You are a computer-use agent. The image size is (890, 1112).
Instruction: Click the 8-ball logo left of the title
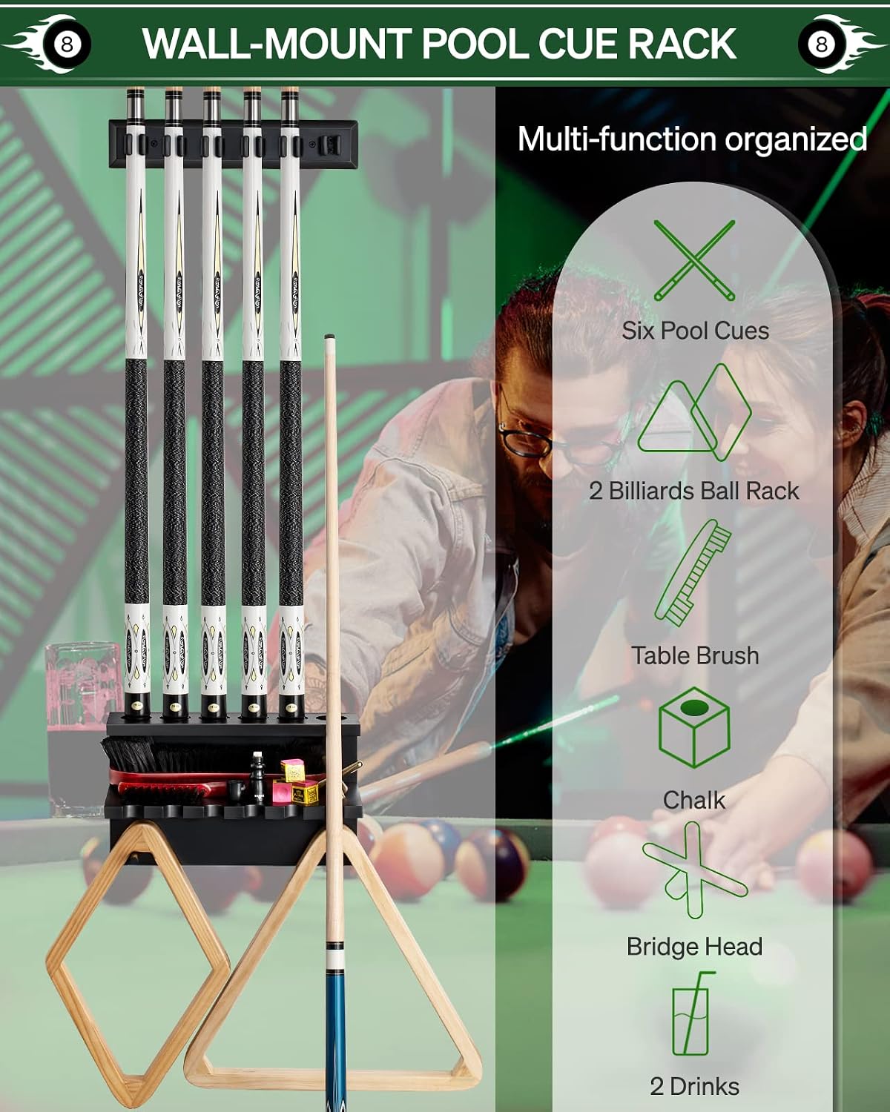pyautogui.click(x=66, y=44)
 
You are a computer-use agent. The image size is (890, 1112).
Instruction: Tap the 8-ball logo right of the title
pyautogui.click(x=822, y=44)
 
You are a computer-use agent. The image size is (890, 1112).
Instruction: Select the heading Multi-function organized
pyautogui.click(x=692, y=139)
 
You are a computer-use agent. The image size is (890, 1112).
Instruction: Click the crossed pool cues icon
pyautogui.click(x=694, y=260)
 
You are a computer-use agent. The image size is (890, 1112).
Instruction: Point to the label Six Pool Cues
pyautogui.click(x=695, y=331)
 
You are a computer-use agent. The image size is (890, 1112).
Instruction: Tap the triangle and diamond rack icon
pyautogui.click(x=693, y=412)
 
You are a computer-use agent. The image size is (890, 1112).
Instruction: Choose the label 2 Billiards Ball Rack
pyautogui.click(x=694, y=491)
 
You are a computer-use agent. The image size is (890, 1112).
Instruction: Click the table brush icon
pyautogui.click(x=693, y=572)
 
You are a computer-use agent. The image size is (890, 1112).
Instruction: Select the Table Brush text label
pyautogui.click(x=695, y=656)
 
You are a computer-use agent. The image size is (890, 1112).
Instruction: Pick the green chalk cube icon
pyautogui.click(x=694, y=727)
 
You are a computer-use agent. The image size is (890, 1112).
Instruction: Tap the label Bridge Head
pyautogui.click(x=694, y=947)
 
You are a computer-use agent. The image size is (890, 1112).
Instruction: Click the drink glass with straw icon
pyautogui.click(x=692, y=1014)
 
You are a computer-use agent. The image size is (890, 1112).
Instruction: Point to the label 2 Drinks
pyautogui.click(x=694, y=1087)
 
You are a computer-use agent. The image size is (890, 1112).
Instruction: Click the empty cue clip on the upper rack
pyautogui.click(x=329, y=145)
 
